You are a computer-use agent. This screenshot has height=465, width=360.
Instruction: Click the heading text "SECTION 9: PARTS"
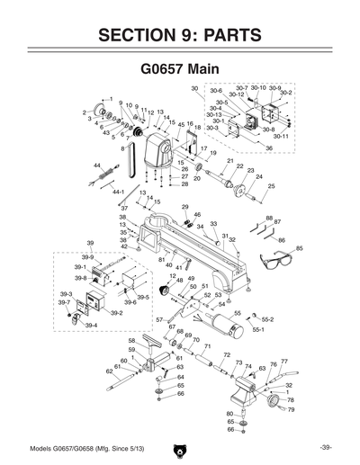point(180,36)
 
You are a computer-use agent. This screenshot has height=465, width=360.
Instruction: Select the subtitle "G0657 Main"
point(180,68)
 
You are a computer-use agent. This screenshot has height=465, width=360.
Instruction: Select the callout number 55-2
point(267,319)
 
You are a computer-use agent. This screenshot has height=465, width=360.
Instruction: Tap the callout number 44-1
point(118,192)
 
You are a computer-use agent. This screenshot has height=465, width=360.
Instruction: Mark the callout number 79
point(290,409)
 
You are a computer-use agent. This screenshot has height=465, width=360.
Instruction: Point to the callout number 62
point(109,370)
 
